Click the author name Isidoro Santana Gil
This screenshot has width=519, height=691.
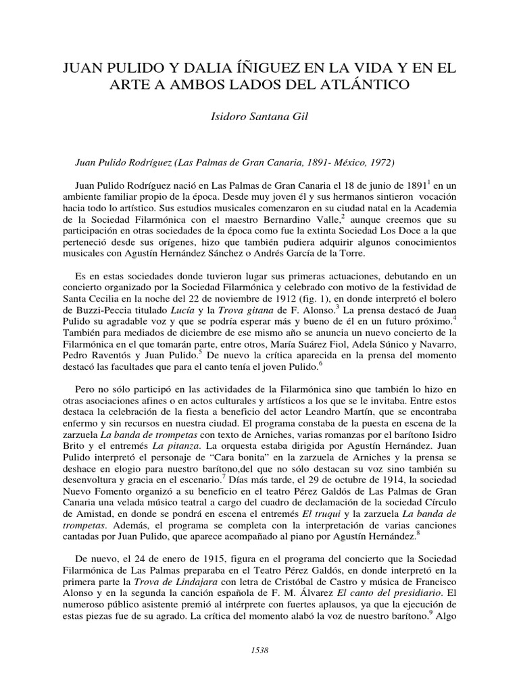259,116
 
